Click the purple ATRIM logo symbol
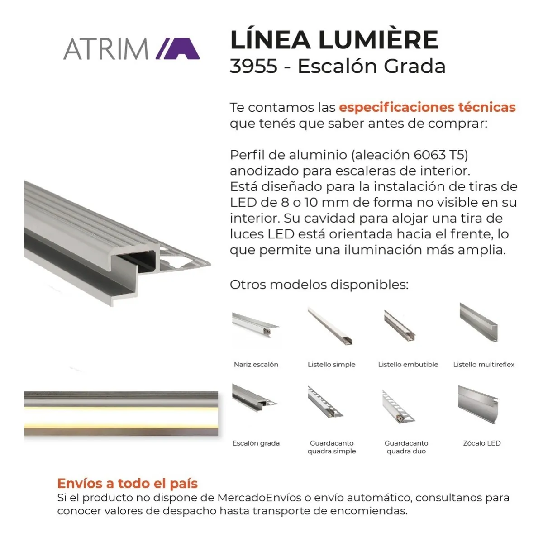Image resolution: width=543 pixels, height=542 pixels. tap(178, 48)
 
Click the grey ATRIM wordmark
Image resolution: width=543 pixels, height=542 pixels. tap(106, 49)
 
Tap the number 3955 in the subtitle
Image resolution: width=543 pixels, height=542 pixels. tap(253, 66)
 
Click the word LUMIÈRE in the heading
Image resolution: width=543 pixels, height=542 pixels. tap(378, 40)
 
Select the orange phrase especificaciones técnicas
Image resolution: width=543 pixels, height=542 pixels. tap(427, 107)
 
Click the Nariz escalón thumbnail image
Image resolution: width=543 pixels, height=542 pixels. tap(256, 325)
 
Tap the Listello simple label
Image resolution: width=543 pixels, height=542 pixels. tap(331, 365)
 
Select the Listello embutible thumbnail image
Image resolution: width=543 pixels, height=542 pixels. tap(400, 326)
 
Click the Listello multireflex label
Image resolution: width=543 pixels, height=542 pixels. tap(484, 365)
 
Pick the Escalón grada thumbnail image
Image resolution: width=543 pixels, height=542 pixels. tap(255, 398)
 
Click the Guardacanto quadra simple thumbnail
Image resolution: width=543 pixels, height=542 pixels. tap(325, 402)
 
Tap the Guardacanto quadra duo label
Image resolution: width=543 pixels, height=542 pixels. tap(406, 447)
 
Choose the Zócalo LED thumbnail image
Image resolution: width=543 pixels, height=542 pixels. tap(478, 404)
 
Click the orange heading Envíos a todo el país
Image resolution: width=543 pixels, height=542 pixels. tap(127, 483)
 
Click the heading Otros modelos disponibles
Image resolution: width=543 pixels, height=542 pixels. tap(319, 285)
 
